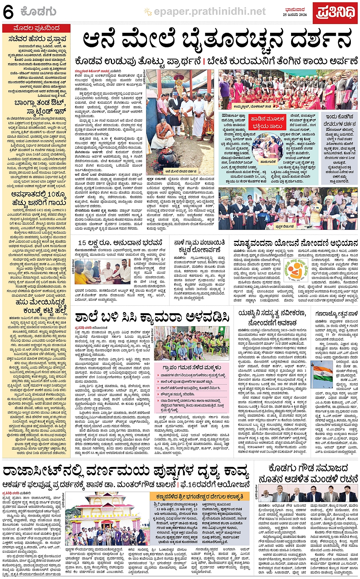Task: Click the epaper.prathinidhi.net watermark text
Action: pos(210,12)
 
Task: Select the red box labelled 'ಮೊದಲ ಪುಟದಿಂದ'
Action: pos(36,28)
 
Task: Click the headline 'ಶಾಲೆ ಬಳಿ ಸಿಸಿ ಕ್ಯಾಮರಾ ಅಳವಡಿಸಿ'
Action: pos(152,317)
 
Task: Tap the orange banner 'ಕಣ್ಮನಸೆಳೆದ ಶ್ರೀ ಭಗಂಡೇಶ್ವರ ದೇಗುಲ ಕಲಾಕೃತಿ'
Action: pos(199,497)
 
